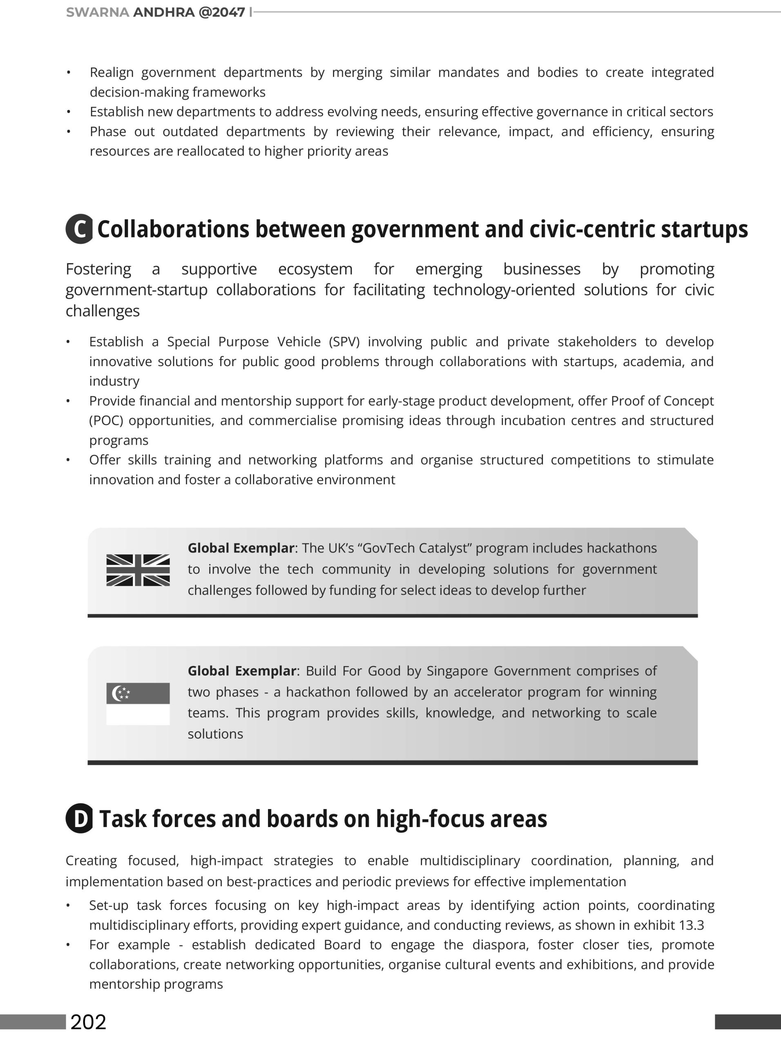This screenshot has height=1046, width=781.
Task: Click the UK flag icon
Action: pyautogui.click(x=138, y=570)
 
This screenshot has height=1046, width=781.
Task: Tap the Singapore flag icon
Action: pyautogui.click(x=138, y=704)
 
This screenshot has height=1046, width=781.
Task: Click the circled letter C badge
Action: pyautogui.click(x=79, y=229)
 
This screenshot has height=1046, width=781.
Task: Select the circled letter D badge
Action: pyautogui.click(x=79, y=818)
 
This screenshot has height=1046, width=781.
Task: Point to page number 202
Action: pyautogui.click(x=88, y=1022)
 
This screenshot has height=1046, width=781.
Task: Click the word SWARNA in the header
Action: pyautogui.click(x=97, y=12)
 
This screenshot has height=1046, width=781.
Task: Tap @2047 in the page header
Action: pyautogui.click(x=222, y=12)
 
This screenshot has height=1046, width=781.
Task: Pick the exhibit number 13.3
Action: pyautogui.click(x=692, y=925)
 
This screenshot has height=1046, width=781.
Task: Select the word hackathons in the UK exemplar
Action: pyautogui.click(x=622, y=548)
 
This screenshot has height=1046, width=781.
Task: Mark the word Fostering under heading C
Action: pyautogui.click(x=98, y=269)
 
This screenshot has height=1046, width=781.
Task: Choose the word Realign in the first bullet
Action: pyautogui.click(x=112, y=72)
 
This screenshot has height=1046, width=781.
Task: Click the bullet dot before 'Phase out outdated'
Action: pyautogui.click(x=69, y=132)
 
